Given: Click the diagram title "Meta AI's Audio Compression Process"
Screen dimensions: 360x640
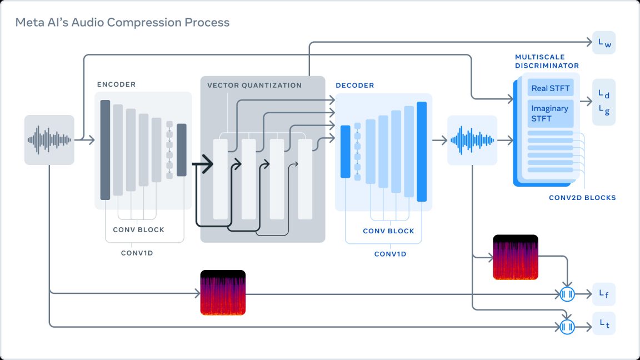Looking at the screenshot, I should pos(122,23).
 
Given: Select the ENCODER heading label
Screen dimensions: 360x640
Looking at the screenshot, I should pos(116,84).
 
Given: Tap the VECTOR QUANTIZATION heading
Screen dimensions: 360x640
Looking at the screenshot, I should pos(254,86).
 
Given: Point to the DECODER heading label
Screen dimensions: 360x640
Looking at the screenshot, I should pos(355,86).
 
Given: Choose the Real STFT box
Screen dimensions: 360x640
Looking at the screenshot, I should pos(550,88).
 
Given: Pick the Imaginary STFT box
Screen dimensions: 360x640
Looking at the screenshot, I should pos(550,113).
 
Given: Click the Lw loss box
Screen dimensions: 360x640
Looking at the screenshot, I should pos(604,43).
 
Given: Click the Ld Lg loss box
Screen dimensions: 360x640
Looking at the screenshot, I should pos(604,102).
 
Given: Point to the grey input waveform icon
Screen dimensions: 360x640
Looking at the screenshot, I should pos(49,139).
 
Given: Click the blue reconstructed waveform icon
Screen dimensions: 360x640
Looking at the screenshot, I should pos(472,140).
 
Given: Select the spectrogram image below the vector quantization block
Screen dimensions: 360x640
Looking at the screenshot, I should pos(223,293).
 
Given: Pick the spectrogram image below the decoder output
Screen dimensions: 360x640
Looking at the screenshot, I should pos(516,257).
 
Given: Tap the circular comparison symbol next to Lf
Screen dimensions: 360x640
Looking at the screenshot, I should pos(567,294).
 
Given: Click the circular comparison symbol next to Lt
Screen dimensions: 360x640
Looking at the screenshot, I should pos(567,326).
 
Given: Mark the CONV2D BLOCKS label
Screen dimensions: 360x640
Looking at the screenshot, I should pos(582,198).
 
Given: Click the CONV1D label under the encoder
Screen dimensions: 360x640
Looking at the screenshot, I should pos(138,253).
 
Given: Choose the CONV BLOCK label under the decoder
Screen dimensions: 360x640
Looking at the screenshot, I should pos(388,231).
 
